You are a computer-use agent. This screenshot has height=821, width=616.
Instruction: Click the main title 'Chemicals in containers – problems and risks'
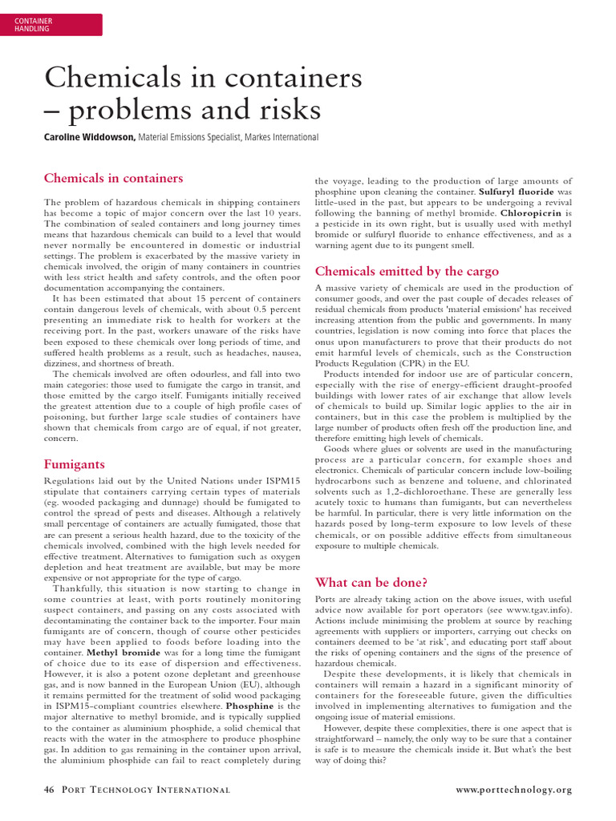click(x=203, y=93)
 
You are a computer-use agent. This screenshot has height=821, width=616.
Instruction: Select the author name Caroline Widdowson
click(x=88, y=138)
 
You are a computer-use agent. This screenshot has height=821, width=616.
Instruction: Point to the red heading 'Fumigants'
click(x=74, y=463)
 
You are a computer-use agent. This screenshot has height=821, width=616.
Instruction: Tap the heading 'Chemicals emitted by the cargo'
click(x=407, y=271)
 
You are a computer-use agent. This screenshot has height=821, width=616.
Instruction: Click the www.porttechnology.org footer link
click(x=513, y=796)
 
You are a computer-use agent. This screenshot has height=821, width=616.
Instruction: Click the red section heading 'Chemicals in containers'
click(x=113, y=178)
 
